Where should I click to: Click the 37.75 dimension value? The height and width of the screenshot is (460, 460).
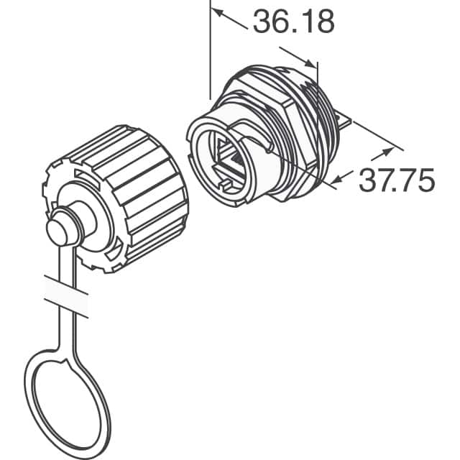[x=397, y=180]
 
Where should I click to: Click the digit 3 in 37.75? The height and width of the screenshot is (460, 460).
[x=369, y=180]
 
